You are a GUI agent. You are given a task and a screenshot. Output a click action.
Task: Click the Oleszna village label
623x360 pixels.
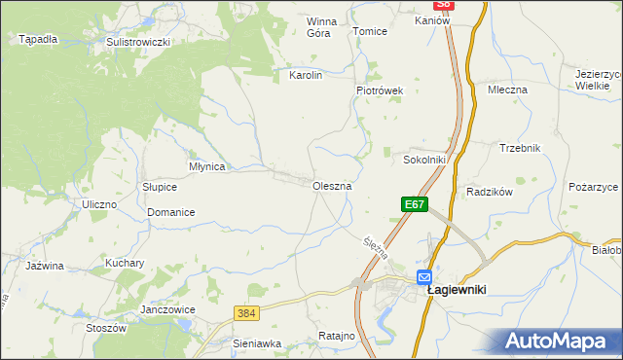click(332, 185)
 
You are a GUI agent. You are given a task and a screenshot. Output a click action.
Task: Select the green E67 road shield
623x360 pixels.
click(414, 204)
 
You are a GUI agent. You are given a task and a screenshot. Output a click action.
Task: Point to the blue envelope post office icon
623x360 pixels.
click(425, 276)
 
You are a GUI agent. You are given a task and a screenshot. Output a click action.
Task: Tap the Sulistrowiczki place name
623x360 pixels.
click(138, 43)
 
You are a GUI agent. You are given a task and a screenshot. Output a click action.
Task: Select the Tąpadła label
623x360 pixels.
click(38, 39)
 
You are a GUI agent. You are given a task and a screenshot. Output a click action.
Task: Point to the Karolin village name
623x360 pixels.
click(306, 74)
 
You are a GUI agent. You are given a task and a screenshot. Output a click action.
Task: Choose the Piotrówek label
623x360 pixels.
click(379, 90)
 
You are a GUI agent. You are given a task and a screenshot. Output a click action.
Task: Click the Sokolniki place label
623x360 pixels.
click(424, 160)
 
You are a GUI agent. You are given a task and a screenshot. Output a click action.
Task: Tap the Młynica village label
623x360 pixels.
click(207, 166)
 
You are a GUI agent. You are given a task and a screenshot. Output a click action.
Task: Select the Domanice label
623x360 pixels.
click(171, 212)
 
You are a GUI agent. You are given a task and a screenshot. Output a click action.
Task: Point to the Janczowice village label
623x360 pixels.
click(167, 309)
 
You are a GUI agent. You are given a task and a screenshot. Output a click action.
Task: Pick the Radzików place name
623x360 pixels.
click(489, 192)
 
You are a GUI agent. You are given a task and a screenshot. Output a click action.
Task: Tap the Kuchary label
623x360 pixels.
click(125, 263)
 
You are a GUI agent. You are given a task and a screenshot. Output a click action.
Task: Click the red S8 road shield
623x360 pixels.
click(444, 5)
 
